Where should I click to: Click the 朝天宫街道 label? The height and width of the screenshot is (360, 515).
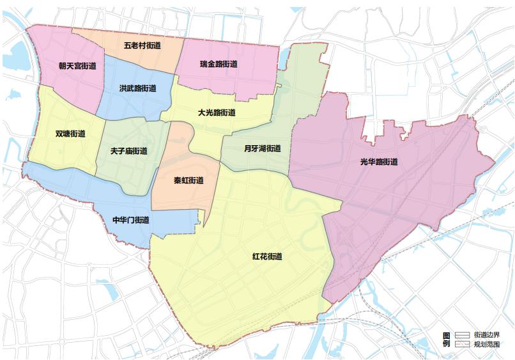(x=77, y=66)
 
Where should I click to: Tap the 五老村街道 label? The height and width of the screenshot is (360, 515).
(x=142, y=46)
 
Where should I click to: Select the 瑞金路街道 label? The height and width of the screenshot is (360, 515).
(x=219, y=64)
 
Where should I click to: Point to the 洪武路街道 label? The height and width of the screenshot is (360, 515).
(x=137, y=89)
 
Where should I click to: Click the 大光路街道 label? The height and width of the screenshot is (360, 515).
(x=217, y=113)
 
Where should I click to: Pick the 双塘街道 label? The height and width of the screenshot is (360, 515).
(x=70, y=134)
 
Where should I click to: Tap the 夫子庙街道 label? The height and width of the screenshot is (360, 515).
(x=128, y=152)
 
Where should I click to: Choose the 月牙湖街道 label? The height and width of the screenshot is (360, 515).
(x=262, y=148)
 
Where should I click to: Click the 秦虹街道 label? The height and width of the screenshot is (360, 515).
(x=188, y=180)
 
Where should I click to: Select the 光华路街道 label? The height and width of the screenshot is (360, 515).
(x=378, y=162)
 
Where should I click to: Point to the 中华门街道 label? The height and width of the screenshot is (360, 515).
(x=131, y=220)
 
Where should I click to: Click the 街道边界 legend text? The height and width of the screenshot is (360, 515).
(x=486, y=335)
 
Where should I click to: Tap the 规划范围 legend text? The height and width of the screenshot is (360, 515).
(x=486, y=344)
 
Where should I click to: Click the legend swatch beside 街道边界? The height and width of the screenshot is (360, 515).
(x=463, y=335)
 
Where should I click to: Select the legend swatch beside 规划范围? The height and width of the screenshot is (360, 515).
(x=463, y=344)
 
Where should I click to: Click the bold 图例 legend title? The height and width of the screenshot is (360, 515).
(x=447, y=340)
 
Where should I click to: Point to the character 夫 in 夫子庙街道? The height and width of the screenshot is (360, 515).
(x=114, y=152)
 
